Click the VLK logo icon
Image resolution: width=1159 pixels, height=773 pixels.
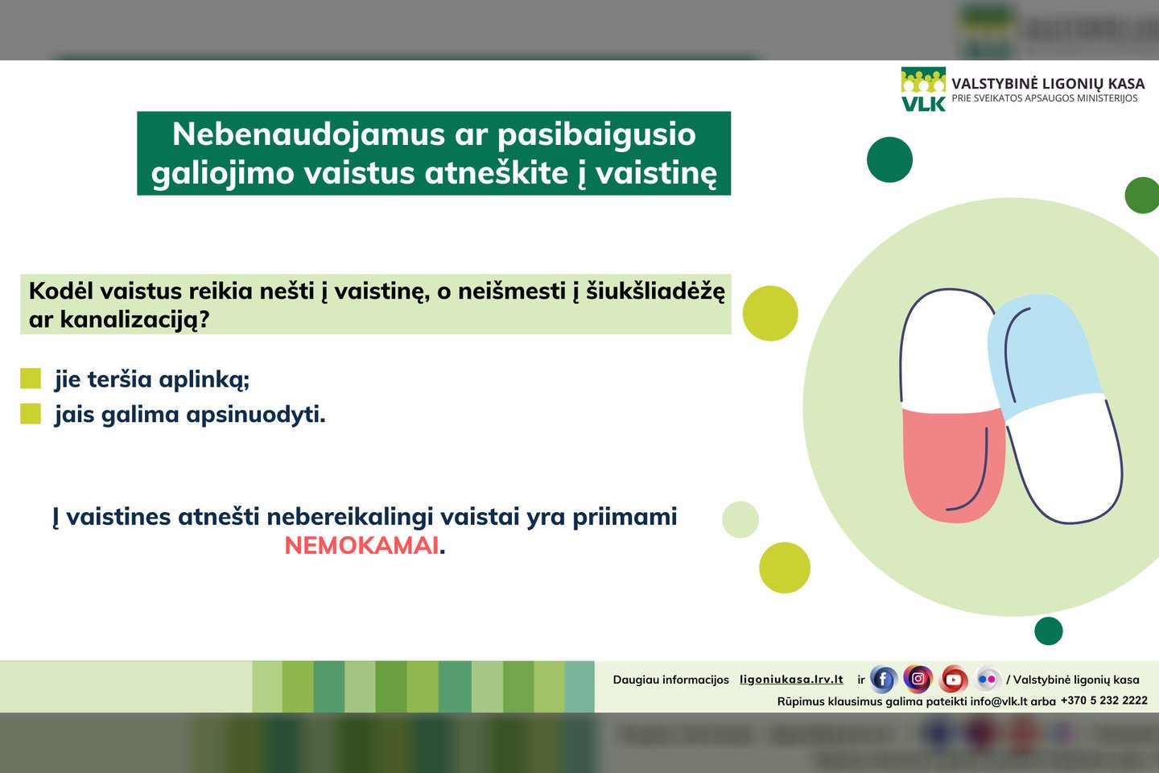pos(923,89)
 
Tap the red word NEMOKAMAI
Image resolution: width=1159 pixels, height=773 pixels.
pos(361,545)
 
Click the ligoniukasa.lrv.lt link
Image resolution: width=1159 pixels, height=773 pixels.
pos(791,680)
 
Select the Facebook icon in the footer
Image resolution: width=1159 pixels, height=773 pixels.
pos(883,679)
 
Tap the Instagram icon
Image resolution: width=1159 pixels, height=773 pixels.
pos(918,678)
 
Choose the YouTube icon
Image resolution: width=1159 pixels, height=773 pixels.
pos(953,679)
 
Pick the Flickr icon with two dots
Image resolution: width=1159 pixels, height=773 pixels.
pos(988,679)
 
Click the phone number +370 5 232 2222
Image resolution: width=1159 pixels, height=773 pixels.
pos(1104,701)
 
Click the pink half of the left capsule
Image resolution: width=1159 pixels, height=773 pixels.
pos(952,463)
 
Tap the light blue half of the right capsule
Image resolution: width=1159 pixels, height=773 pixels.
pos(1042,352)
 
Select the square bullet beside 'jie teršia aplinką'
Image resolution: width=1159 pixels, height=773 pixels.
pos(31,378)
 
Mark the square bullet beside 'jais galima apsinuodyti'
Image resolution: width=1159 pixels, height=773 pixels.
pos(31,414)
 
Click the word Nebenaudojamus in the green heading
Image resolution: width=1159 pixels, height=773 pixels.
pos(309,134)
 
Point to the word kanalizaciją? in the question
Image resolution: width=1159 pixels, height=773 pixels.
pos(135,320)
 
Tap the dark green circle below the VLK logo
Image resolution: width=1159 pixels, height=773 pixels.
pos(889,159)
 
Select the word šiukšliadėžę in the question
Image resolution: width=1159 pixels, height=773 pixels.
pos(655,291)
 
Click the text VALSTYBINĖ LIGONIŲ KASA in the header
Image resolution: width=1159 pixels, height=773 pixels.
pos(1048,84)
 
